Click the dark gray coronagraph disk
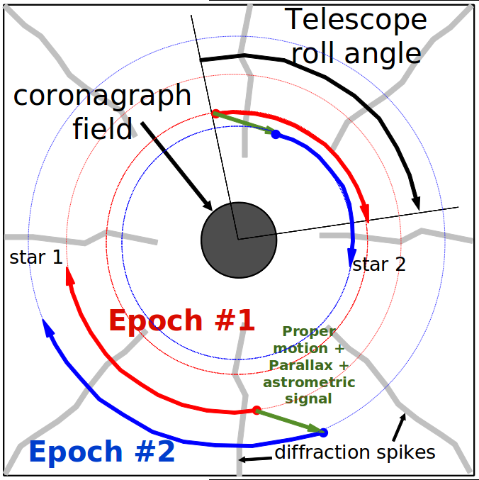(x=239, y=240)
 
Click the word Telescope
(x=356, y=20)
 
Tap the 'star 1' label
(x=36, y=257)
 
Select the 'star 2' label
(x=378, y=264)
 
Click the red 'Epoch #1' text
(x=181, y=320)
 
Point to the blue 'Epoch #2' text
(x=102, y=451)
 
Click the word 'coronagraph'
(x=102, y=96)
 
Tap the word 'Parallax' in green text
(x=300, y=365)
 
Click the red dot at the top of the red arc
(x=215, y=113)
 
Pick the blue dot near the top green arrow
(x=276, y=134)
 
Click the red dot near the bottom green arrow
(x=257, y=411)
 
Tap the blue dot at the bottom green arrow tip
(x=323, y=432)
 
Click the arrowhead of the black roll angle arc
(x=416, y=203)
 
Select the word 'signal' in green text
(x=308, y=399)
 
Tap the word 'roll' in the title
(x=315, y=53)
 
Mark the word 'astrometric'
(x=309, y=382)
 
